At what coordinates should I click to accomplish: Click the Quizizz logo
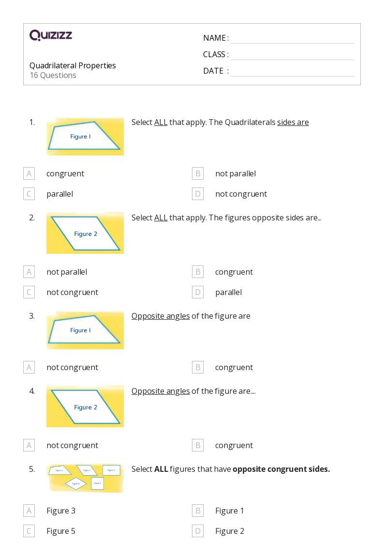51,35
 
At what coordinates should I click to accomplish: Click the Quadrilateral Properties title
73,65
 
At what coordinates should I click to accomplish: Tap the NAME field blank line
292,39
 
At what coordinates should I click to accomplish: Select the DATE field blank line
292,71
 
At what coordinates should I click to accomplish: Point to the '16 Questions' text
53,75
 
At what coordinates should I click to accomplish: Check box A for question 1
29,173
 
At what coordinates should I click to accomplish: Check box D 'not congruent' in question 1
198,194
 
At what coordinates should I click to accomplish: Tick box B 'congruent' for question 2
198,272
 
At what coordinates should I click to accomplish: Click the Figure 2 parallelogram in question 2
85,233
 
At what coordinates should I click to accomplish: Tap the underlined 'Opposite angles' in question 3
161,316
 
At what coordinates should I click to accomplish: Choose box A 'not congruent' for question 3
29,367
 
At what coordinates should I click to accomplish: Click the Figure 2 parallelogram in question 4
85,407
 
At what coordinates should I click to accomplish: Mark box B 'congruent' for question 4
198,445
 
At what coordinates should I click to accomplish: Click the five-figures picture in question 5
85,478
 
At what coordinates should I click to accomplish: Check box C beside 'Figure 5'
29,531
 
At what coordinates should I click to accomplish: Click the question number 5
32,469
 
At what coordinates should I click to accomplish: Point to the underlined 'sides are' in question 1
293,122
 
